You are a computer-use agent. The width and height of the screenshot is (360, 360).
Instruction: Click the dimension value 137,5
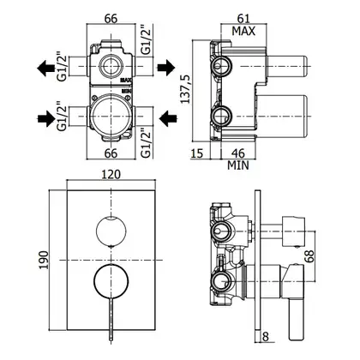pyautogui.click(x=185, y=89)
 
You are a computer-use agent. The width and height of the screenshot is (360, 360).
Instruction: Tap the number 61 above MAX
pyautogui.click(x=243, y=19)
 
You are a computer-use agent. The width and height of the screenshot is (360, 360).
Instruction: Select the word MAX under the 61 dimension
pyautogui.click(x=243, y=31)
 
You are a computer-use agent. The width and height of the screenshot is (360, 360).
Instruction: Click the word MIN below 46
pyautogui.click(x=238, y=165)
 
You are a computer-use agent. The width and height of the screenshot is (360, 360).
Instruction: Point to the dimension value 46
pyautogui.click(x=238, y=153)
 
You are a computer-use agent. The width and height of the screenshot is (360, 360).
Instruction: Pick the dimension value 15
pyautogui.click(x=196, y=153)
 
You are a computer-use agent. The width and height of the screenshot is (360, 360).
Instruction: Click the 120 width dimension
pyautogui.click(x=111, y=174)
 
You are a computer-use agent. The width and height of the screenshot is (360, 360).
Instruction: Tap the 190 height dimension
pyautogui.click(x=44, y=260)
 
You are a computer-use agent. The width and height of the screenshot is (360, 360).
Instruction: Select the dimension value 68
pyautogui.click(x=309, y=256)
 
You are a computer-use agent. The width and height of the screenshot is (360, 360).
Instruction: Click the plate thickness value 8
pyautogui.click(x=266, y=337)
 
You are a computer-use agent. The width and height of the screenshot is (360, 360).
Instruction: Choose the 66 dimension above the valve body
pyautogui.click(x=111, y=19)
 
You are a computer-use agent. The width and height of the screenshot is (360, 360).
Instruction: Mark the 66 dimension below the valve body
pyautogui.click(x=111, y=153)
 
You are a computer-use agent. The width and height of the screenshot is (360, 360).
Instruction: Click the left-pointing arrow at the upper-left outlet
pyautogui.click(x=46, y=69)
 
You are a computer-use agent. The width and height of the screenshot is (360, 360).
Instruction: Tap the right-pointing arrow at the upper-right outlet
pyautogui.click(x=166, y=68)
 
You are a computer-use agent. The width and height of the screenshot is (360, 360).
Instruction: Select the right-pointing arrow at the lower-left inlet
pyautogui.click(x=46, y=118)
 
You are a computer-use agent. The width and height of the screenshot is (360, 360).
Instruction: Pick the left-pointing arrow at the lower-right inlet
pyautogui.click(x=168, y=118)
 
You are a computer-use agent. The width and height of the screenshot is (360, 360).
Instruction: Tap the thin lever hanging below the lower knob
pyautogui.click(x=111, y=320)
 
